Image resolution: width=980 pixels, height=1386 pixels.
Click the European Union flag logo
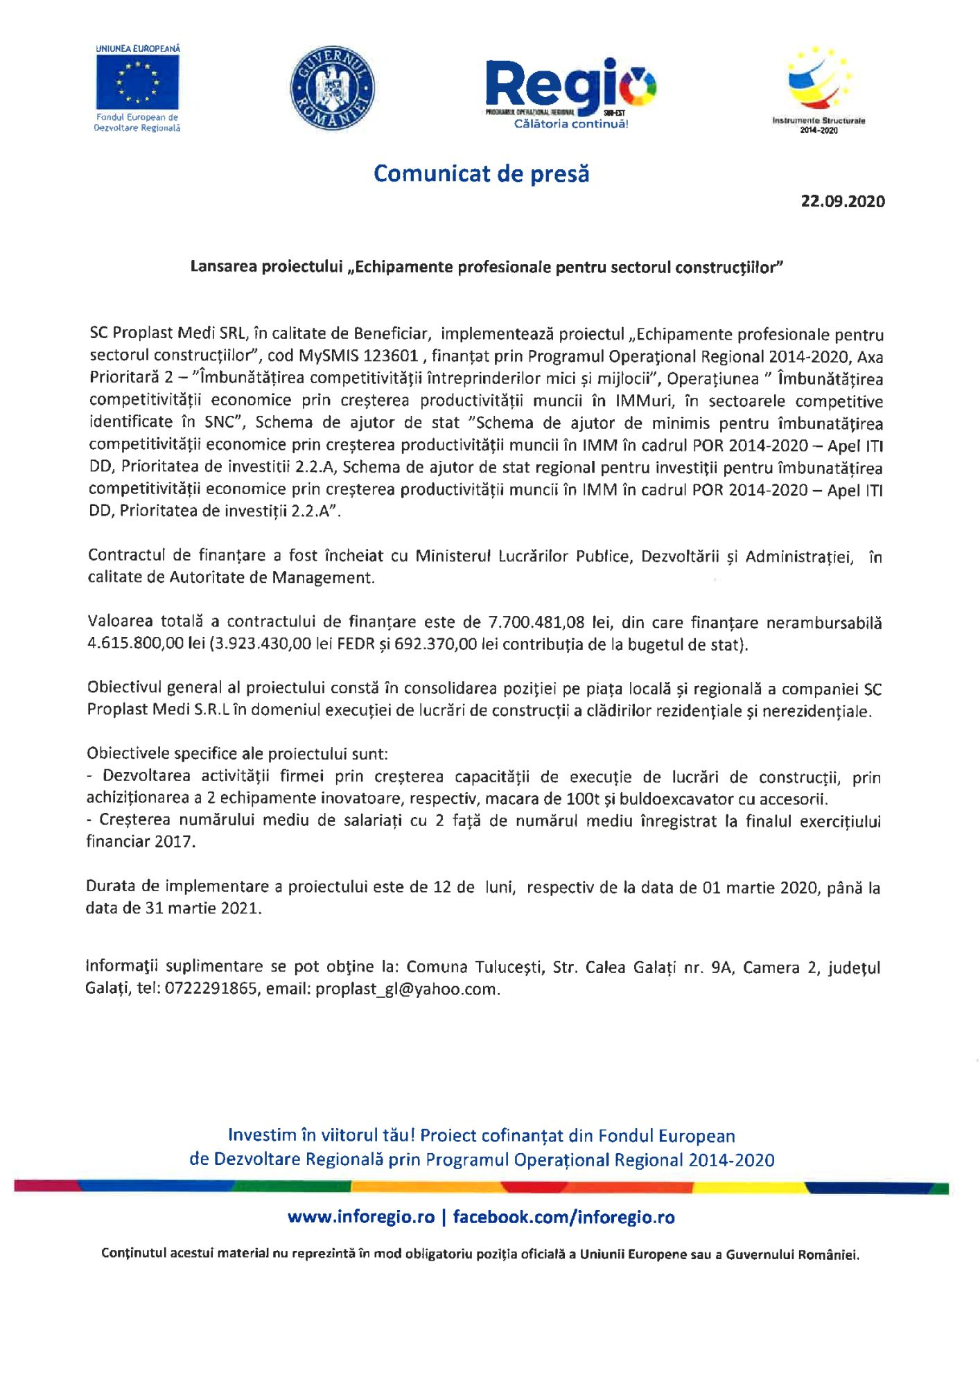click(x=137, y=82)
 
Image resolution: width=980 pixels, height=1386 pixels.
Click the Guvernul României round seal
click(x=332, y=89)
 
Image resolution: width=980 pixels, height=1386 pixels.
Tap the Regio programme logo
click(x=570, y=90)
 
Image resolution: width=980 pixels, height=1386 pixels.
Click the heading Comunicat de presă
click(x=481, y=173)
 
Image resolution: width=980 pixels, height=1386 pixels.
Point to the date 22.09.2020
click(x=843, y=202)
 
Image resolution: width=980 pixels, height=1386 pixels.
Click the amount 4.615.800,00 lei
click(x=146, y=644)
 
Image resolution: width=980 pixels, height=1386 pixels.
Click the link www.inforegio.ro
click(x=361, y=1217)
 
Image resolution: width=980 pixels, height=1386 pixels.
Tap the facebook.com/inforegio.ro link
click(x=563, y=1217)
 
